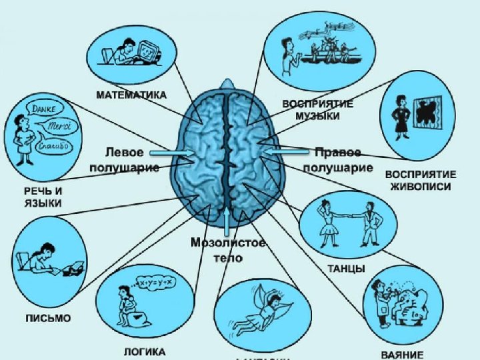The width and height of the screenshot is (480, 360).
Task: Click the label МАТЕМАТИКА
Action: tap(131, 95)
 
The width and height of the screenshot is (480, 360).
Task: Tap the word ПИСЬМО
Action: tap(47, 318)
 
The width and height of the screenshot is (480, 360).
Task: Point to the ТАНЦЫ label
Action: tap(346, 269)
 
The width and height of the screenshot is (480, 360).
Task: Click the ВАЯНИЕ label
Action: tap(402, 354)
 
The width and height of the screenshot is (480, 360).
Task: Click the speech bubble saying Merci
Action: tap(59, 126)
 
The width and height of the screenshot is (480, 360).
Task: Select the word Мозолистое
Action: tap(227, 243)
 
